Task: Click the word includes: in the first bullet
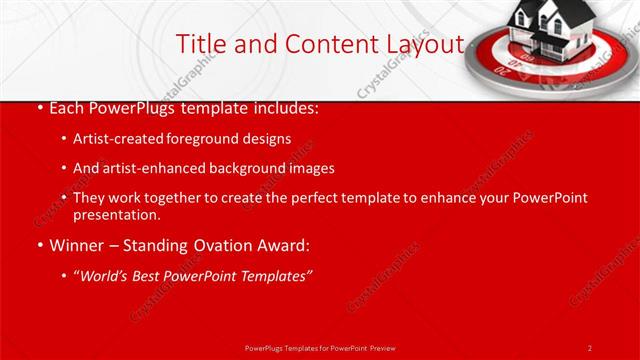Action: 287,107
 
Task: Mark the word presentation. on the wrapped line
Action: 117,215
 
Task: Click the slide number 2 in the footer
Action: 590,347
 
